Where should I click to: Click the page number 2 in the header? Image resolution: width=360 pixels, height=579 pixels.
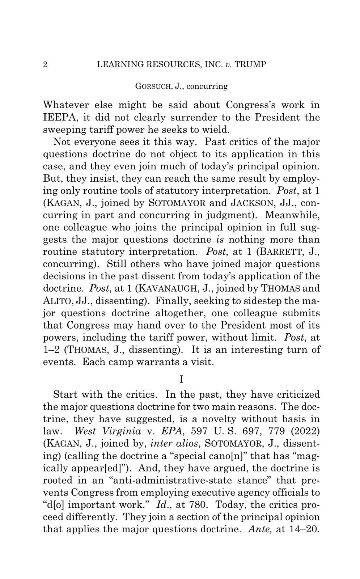[45, 65]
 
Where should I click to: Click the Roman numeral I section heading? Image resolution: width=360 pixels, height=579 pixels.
[181, 379]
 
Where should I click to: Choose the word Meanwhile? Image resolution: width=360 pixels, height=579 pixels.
[292, 215]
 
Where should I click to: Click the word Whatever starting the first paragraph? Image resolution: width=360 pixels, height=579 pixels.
[66, 105]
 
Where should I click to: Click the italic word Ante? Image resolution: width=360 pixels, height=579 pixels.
[260, 529]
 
